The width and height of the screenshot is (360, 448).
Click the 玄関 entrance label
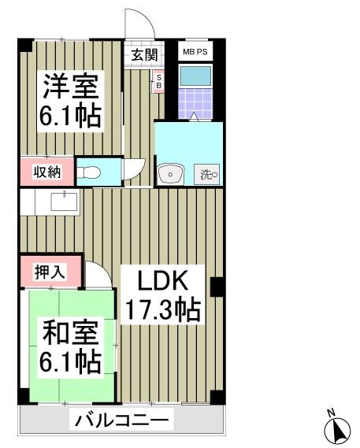coord(143,55)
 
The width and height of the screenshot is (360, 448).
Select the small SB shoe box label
coord(158,81)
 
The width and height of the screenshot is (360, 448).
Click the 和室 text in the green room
coord(69,334)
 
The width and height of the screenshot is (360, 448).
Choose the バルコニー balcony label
coord(122,420)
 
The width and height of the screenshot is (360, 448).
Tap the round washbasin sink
coord(169,173)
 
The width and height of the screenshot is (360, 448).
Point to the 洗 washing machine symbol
coord(209,174)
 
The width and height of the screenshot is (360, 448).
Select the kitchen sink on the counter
coord(64,202)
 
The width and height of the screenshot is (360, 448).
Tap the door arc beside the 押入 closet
coord(98,276)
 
